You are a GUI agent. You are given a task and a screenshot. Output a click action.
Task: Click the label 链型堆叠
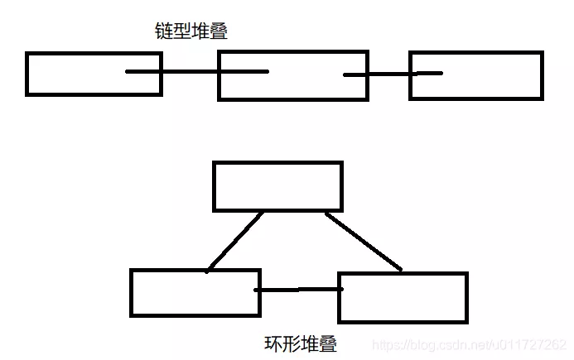[x=191, y=31]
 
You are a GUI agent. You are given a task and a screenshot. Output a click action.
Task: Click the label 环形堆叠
[x=301, y=343]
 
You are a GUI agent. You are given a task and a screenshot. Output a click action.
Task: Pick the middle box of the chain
[x=292, y=75]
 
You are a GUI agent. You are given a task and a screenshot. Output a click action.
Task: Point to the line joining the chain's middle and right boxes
[x=392, y=74]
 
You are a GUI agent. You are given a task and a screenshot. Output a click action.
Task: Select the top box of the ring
[x=277, y=186]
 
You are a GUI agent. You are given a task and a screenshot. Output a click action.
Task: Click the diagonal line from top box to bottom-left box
[x=236, y=241]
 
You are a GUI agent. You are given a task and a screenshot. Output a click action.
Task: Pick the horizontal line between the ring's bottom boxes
[x=298, y=290]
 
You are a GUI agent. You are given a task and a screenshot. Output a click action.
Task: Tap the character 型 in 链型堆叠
[x=181, y=31]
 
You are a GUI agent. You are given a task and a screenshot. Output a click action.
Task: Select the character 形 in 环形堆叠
[x=292, y=343]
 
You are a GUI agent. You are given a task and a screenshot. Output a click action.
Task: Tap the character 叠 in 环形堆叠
[x=328, y=343]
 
